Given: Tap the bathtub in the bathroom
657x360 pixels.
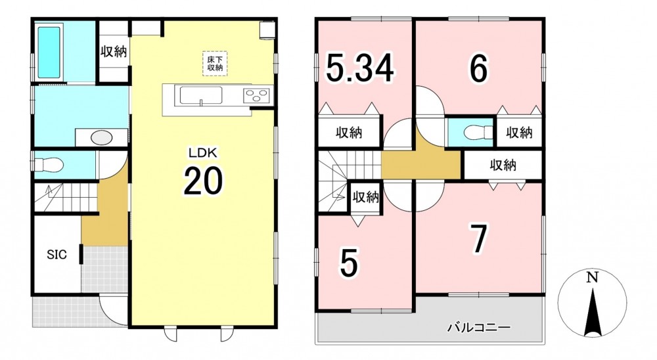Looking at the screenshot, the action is coord(49,51).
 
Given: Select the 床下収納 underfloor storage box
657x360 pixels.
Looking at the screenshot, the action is coord(215,63).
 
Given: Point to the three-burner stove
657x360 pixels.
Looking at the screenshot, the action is coord(256,96).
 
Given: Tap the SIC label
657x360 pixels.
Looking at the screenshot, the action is coord(57,254).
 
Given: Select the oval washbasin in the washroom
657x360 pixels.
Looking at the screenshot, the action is coord(101,137).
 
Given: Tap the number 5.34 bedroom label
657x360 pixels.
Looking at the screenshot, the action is coord(360,68).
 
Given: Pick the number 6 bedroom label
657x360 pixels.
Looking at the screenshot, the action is coord(478,68).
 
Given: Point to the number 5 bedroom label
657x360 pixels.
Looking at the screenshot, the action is coord(349,263).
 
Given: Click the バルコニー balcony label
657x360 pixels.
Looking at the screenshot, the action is coord(478,327).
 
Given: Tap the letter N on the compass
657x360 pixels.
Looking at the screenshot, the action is coord(592,277).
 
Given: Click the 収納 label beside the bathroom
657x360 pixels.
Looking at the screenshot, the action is coord(114,52).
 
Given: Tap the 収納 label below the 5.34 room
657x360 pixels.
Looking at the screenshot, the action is coord(349,133).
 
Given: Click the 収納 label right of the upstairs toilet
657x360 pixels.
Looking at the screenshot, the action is coord(519,133).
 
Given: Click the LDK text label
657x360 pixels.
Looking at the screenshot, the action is coord(203,153).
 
